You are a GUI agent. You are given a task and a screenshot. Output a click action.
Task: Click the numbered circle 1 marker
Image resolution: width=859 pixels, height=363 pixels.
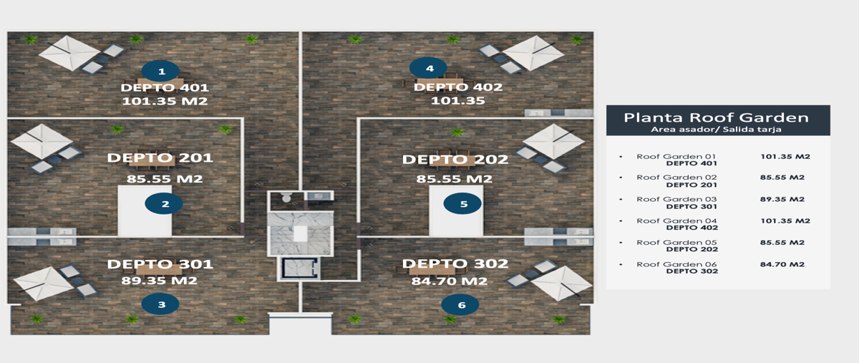[x=160, y=71]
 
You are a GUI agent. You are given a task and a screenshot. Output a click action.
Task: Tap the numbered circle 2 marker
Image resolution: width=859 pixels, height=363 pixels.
[x=164, y=203]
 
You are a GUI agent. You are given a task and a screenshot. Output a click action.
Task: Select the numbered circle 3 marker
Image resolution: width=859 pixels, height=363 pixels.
[x=160, y=304]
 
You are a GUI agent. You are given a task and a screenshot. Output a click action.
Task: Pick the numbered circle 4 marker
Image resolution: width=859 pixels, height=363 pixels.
[x=428, y=68]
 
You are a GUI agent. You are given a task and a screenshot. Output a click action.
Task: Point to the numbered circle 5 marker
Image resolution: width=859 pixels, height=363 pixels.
[x=462, y=203]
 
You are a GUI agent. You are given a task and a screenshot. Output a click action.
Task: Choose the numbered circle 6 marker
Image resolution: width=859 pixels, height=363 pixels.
[x=460, y=305]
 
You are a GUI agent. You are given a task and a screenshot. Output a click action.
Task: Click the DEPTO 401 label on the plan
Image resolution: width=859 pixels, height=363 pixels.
[x=165, y=87]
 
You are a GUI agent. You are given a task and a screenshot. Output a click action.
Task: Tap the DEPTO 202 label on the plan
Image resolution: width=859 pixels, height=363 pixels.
[x=455, y=159]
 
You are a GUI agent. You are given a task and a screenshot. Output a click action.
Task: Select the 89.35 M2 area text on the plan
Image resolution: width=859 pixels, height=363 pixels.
[x=160, y=281]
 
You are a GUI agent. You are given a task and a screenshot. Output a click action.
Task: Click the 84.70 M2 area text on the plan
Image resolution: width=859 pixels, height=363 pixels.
[x=450, y=281]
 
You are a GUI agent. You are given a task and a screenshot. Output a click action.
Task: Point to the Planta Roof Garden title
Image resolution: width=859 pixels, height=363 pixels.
[x=717, y=117]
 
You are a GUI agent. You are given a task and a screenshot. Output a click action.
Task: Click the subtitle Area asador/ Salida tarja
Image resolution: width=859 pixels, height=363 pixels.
[x=716, y=130]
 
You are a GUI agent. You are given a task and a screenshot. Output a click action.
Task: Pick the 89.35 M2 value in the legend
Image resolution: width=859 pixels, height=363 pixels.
[x=782, y=199]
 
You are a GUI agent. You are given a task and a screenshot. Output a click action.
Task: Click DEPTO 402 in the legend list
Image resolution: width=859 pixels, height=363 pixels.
[x=691, y=228]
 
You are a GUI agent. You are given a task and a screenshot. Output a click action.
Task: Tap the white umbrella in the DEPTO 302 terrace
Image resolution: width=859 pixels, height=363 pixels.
[x=561, y=284]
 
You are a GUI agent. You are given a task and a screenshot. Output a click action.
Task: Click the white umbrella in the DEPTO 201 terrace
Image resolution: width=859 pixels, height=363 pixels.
[x=42, y=141]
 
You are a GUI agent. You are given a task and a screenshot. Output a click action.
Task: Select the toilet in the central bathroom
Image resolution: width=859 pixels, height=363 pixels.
[x=286, y=197]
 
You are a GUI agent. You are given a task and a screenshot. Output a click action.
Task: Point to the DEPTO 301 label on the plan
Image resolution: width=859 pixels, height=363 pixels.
[x=160, y=264]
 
